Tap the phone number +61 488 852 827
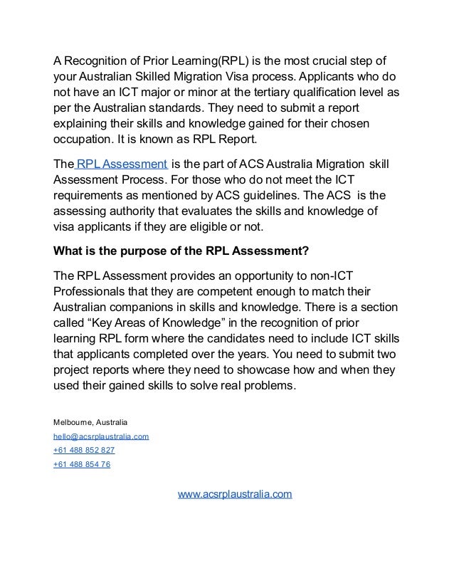[x=83, y=451]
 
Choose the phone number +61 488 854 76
[x=81, y=465]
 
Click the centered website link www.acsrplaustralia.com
[x=234, y=493]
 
